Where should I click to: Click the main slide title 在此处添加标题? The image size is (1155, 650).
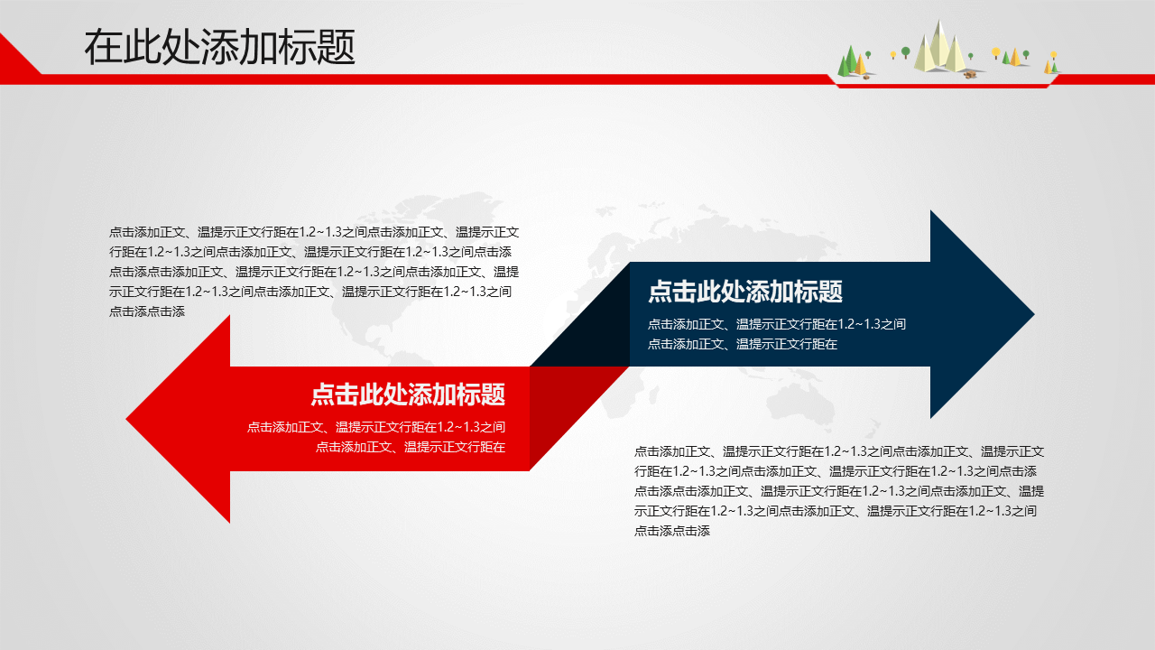click(219, 47)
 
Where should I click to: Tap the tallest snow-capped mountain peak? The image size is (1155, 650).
click(939, 45)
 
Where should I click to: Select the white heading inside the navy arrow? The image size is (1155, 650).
click(745, 292)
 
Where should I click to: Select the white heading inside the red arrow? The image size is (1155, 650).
click(408, 395)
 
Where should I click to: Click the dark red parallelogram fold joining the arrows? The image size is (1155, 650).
click(579, 418)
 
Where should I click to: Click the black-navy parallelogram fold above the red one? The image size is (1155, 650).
click(579, 315)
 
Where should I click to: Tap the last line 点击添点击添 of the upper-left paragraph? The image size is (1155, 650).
click(147, 311)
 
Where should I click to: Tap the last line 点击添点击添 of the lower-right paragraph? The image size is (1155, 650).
click(672, 531)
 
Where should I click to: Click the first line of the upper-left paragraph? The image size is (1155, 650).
click(314, 232)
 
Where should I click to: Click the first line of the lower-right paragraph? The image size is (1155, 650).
click(839, 452)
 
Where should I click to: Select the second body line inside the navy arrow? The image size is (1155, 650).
click(743, 344)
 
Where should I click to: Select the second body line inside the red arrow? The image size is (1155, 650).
click(411, 447)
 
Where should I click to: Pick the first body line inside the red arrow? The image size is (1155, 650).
click(376, 427)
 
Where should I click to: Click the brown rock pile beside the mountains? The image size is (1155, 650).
click(970, 75)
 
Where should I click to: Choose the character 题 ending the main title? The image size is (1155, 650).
click(337, 47)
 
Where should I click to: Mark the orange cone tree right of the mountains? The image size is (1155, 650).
click(1014, 57)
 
